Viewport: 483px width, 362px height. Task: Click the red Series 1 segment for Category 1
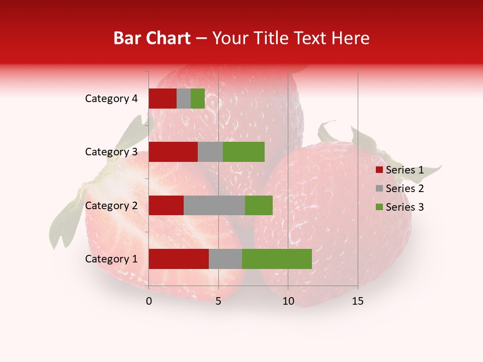tap(179, 259)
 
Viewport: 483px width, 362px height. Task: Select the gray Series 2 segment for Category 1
tap(225, 259)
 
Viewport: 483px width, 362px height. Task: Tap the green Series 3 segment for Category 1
tap(277, 259)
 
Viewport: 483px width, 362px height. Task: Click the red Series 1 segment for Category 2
tap(166, 205)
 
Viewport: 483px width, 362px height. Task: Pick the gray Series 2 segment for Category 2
tap(214, 205)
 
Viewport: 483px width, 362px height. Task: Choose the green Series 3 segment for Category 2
tap(259, 205)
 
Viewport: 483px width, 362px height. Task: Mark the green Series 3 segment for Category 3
tap(244, 152)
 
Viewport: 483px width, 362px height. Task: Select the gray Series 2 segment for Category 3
tap(210, 152)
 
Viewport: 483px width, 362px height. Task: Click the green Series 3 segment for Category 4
tap(198, 99)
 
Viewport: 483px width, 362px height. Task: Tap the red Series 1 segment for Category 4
tap(163, 99)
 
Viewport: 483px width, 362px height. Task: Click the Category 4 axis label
tap(111, 99)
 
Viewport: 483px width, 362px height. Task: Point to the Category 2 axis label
tap(111, 205)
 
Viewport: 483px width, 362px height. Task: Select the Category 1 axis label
tap(111, 259)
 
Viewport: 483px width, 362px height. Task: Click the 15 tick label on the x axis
tap(357, 301)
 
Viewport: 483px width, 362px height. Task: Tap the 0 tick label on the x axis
tap(149, 301)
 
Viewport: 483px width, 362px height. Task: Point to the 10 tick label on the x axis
tap(288, 301)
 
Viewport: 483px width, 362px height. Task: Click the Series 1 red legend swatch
tap(379, 170)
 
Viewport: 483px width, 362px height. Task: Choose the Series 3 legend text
tap(405, 207)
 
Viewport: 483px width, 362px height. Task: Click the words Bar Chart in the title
tap(152, 38)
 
